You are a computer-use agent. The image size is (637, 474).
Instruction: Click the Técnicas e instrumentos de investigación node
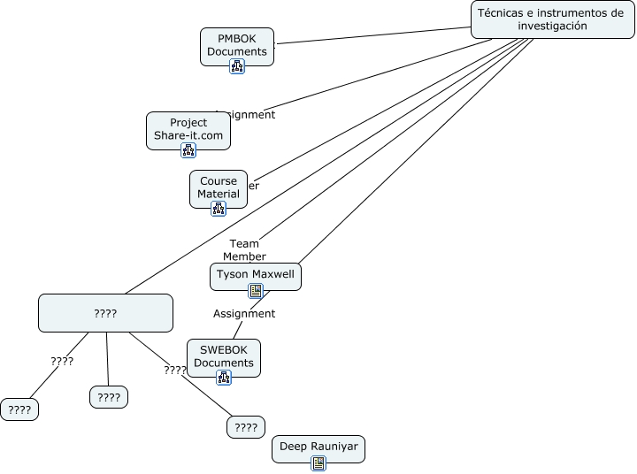[552, 19]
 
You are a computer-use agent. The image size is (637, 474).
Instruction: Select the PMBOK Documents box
[237, 44]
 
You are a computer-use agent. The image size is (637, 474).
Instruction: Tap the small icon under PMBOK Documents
[237, 66]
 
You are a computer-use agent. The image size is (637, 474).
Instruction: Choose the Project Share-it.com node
[188, 129]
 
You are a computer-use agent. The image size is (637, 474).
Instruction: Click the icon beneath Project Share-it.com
[188, 150]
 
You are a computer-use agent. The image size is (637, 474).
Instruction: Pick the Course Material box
[219, 187]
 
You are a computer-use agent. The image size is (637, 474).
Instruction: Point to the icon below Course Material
[219, 209]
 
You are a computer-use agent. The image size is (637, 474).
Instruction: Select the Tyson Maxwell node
[257, 274]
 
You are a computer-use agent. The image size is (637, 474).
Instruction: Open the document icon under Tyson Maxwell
[257, 291]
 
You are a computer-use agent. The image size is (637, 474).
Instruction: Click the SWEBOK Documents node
[224, 356]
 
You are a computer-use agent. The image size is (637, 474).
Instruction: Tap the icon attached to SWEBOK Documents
[224, 378]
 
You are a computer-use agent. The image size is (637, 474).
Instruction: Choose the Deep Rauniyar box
[318, 447]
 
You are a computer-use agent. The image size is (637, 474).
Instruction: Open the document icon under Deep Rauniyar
[318, 463]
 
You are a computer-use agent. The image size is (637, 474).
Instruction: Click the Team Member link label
[244, 250]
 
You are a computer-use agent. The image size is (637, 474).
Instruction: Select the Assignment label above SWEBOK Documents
[244, 313]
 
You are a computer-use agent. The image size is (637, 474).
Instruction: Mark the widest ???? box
[105, 313]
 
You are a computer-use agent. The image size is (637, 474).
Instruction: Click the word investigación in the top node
[553, 27]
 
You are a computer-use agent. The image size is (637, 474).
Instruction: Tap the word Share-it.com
[188, 135]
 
